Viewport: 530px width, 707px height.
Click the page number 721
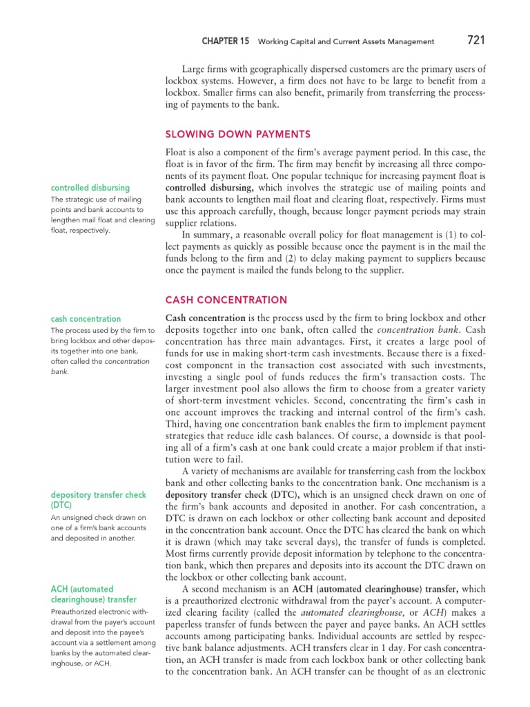click(x=476, y=40)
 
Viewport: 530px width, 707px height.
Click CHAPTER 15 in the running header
click(x=225, y=41)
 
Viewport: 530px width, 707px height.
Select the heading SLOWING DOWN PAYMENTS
click(x=237, y=134)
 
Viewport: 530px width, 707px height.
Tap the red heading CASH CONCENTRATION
click(x=226, y=300)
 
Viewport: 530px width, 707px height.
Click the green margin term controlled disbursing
click(x=90, y=188)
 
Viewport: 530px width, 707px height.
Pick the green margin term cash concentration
click(x=86, y=319)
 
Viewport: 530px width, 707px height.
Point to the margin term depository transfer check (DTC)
click(x=98, y=501)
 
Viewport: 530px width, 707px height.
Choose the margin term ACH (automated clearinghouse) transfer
click(x=94, y=594)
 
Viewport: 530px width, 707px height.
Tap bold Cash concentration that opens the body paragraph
click(x=206, y=318)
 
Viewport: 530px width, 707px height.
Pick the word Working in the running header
click(x=274, y=41)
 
